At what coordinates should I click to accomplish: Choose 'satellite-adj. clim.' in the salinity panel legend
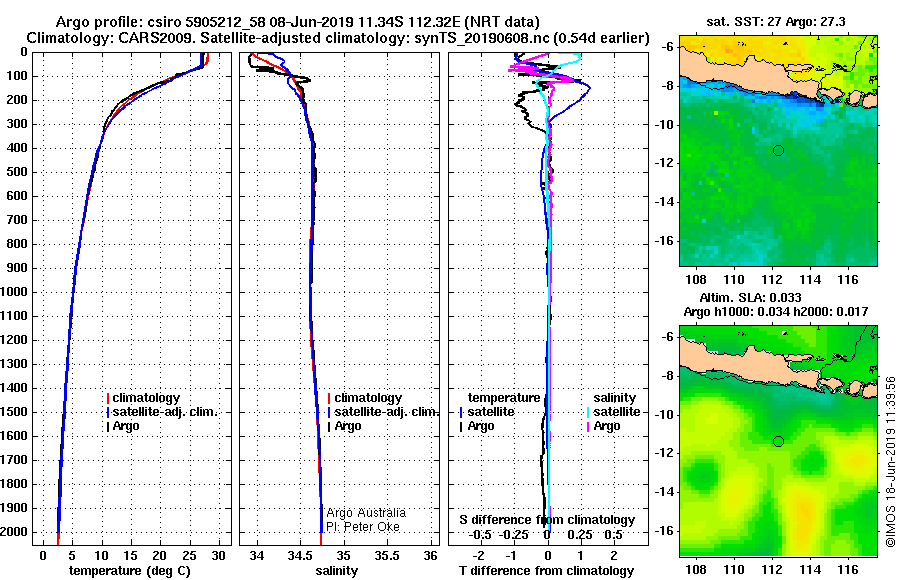tap(385, 412)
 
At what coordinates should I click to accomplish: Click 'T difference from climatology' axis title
tap(547, 570)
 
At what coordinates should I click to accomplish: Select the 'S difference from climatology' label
tap(547, 520)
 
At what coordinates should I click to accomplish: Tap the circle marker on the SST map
tap(778, 150)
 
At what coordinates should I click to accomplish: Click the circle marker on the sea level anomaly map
tap(778, 441)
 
